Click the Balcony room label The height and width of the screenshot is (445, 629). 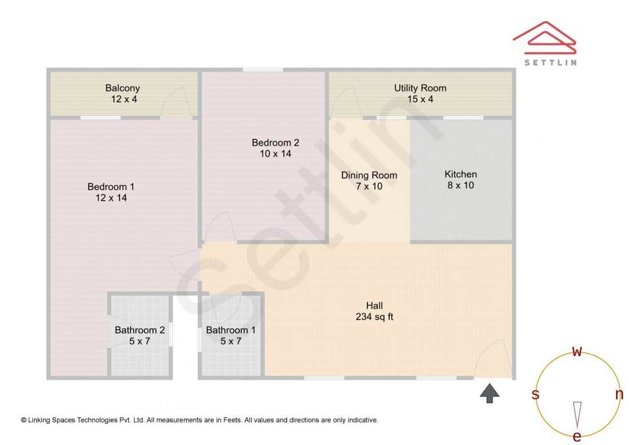click(122, 89)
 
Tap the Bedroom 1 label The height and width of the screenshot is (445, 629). click(111, 187)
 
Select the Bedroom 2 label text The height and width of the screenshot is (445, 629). click(275, 143)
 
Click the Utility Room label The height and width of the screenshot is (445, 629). click(420, 89)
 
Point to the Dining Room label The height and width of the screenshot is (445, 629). click(369, 175)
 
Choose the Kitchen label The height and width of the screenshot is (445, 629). click(461, 174)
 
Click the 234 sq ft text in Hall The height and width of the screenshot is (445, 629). click(374, 317)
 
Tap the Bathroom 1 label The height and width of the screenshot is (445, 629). click(231, 330)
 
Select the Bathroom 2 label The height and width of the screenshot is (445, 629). click(140, 330)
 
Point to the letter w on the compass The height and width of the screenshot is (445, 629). click(577, 351)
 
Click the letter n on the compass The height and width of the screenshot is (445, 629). click(619, 394)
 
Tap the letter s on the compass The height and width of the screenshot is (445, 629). click(535, 394)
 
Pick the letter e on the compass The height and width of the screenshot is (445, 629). click(577, 436)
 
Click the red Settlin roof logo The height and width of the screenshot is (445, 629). click(545, 38)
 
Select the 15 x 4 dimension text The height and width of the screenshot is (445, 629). click(420, 100)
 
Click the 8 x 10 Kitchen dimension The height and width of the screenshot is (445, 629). click(461, 185)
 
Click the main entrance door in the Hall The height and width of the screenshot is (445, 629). click(492, 361)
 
